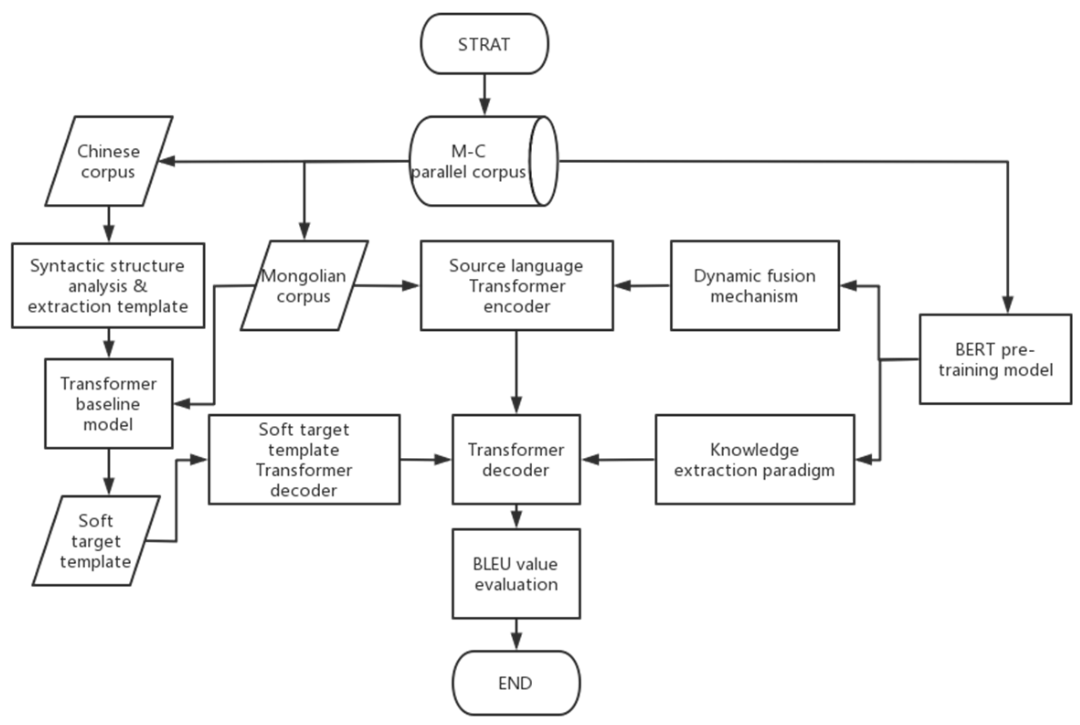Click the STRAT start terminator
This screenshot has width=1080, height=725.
pos(484,44)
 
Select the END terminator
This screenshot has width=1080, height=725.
pos(516,683)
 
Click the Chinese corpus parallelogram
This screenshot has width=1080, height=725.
pos(109,161)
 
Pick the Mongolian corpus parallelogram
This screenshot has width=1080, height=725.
pos(304,285)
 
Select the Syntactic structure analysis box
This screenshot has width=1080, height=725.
pos(108,285)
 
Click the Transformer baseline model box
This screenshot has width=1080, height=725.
pos(109,403)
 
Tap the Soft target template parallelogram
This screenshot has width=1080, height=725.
pos(95,540)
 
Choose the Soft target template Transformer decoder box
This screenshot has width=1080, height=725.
pos(304,459)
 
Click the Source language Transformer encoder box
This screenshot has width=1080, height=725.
pos(516,285)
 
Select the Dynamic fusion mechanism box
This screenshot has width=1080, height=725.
pos(755,285)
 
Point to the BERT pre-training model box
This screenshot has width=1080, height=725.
pos(995,359)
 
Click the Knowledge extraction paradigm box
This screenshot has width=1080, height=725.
pos(755,459)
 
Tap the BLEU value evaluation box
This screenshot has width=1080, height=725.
pos(516,573)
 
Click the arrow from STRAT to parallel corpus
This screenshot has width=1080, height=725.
pos(484,95)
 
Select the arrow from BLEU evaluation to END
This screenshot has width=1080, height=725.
pos(516,635)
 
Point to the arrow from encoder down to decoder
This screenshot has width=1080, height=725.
pos(516,372)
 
